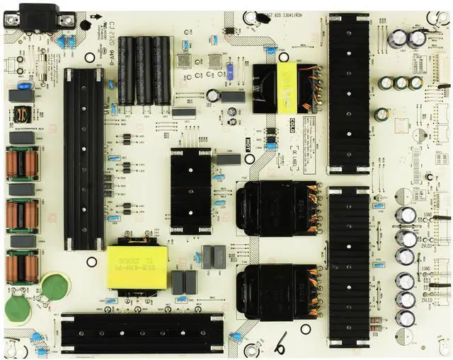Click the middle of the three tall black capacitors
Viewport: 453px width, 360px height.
click(x=144, y=70)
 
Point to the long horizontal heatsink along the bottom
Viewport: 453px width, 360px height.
click(x=142, y=332)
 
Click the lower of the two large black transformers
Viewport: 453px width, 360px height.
click(x=276, y=289)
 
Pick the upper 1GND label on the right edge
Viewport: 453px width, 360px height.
click(x=427, y=214)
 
